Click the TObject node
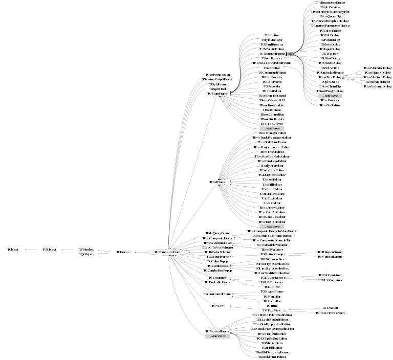[x=13, y=249]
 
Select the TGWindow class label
[x=85, y=249]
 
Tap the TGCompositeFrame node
[x=168, y=252]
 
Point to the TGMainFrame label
[x=217, y=94]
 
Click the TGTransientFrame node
[x=271, y=54]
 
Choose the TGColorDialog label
[x=330, y=31]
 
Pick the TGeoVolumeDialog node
[x=377, y=86]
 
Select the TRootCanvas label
[x=272, y=110]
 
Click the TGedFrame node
[x=217, y=182]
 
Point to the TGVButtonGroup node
[x=330, y=257]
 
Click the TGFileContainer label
[x=330, y=275]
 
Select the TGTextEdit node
[x=330, y=307]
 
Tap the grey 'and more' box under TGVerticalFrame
[x=217, y=336]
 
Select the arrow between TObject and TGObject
[x=30, y=250]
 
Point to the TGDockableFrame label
[x=217, y=282]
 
